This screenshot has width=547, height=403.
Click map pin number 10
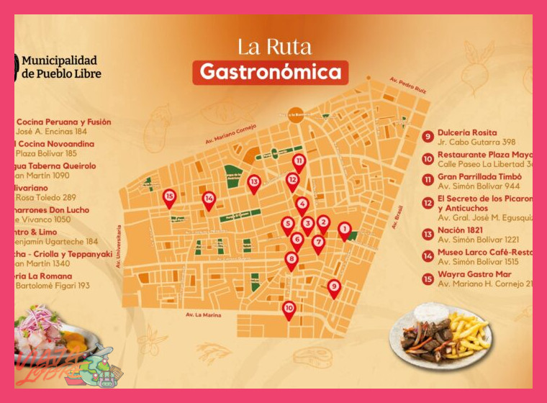(x=289, y=309)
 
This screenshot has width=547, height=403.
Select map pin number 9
(x=334, y=287)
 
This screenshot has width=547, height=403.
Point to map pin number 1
(x=344, y=230)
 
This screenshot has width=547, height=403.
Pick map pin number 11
(x=299, y=162)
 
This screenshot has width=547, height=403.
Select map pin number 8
(x=291, y=260)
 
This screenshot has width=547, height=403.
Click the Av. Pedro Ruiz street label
(x=407, y=86)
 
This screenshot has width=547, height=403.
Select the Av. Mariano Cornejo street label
(x=225, y=130)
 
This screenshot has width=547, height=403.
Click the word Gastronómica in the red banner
(x=270, y=72)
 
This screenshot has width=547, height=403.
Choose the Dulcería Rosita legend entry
(x=467, y=132)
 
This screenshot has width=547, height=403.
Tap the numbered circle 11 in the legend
(x=428, y=179)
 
